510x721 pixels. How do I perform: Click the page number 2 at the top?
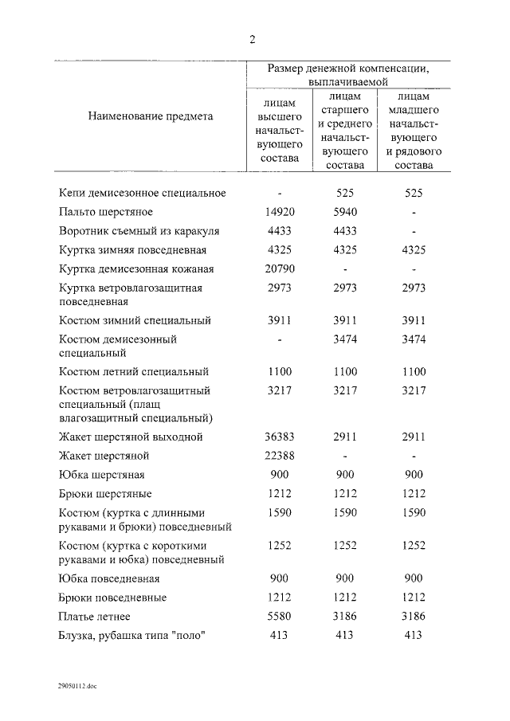[x=253, y=41]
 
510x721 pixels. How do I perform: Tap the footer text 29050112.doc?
[x=76, y=685]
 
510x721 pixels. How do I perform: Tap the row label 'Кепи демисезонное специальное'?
[x=143, y=193]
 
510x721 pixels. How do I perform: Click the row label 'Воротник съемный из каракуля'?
[x=139, y=231]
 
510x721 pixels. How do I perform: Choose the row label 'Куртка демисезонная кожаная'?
[x=136, y=269]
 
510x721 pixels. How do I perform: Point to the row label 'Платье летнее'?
[x=95, y=617]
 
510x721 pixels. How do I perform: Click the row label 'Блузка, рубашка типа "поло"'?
[x=132, y=636]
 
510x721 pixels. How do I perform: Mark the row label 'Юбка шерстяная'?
[x=101, y=476]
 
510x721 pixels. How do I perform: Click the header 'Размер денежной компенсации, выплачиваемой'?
[x=347, y=75]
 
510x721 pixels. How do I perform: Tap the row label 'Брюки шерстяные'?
[x=105, y=495]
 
